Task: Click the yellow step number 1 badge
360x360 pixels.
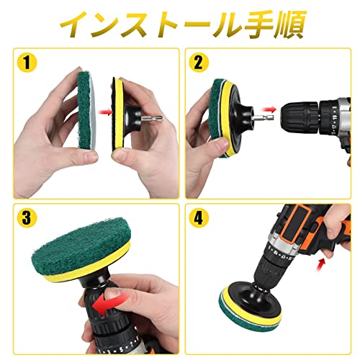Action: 27,63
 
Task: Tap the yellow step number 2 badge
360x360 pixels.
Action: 199,63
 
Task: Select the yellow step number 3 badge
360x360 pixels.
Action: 27,218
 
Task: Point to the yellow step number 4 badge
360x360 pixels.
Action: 199,218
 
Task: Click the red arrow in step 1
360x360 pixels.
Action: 105,112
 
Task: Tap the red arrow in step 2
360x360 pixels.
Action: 269,109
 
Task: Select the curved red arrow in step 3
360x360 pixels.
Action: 109,305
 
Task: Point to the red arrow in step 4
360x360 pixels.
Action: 321,264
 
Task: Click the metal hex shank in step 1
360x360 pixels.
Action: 152,119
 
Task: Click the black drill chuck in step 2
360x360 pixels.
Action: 300,117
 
